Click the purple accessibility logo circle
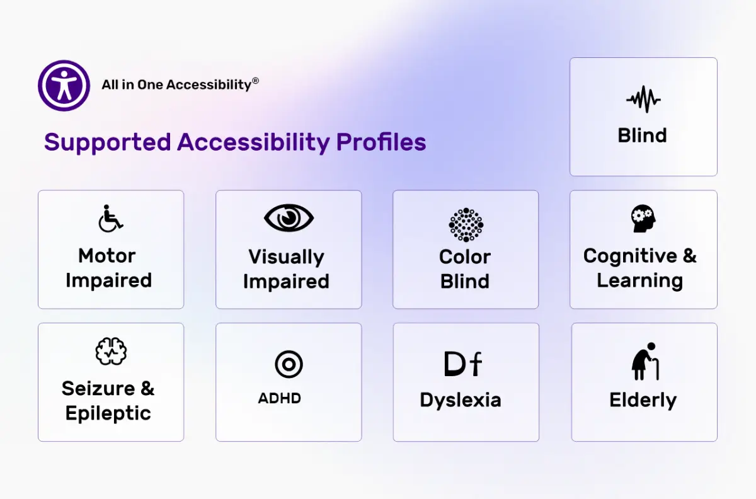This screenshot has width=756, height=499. click(64, 86)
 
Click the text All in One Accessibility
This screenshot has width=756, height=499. click(176, 85)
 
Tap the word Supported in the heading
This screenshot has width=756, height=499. click(107, 142)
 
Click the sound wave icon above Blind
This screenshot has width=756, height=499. click(643, 100)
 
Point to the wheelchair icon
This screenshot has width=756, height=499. click(111, 218)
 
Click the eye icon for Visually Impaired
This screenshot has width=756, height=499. click(289, 218)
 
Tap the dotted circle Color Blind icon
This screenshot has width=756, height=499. click(466, 224)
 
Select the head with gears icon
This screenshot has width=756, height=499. click(643, 219)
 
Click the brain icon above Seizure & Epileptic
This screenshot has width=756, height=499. click(111, 352)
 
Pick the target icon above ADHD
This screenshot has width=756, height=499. click(289, 364)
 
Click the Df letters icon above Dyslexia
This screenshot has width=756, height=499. click(462, 364)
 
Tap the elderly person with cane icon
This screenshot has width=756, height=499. click(644, 361)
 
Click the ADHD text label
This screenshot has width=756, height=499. click(279, 398)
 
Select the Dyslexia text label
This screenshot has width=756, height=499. click(461, 400)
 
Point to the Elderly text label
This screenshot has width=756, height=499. click(643, 400)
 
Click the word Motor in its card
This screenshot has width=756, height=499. click(107, 256)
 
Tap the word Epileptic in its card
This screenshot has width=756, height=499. click(108, 414)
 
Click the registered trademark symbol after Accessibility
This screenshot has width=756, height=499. click(255, 81)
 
